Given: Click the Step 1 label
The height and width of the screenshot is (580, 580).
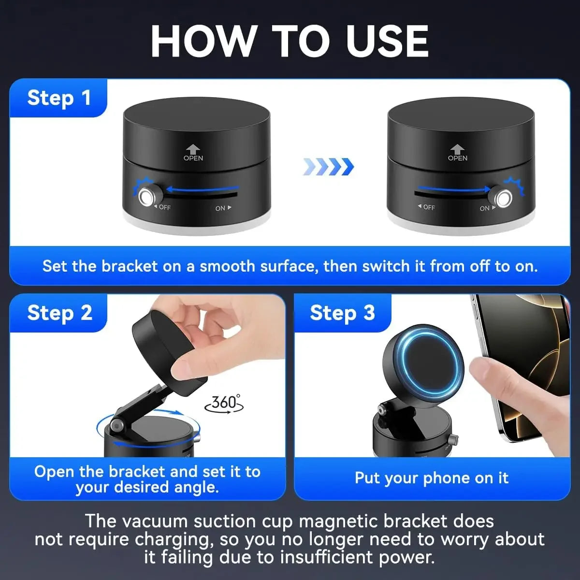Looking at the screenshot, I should click(59, 98).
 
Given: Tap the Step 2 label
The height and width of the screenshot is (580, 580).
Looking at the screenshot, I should click(59, 313).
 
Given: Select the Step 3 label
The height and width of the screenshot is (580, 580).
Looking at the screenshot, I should click(342, 313).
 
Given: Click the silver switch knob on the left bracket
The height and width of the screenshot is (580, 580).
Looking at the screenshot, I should click(146, 197).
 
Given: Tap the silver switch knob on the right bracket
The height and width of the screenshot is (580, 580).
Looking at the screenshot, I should click(503, 198).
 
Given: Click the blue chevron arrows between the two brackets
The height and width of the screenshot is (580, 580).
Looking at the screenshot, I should click(329, 167).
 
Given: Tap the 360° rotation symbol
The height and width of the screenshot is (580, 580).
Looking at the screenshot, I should click(224, 403).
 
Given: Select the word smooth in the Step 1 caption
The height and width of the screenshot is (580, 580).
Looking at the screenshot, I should click(227, 266).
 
